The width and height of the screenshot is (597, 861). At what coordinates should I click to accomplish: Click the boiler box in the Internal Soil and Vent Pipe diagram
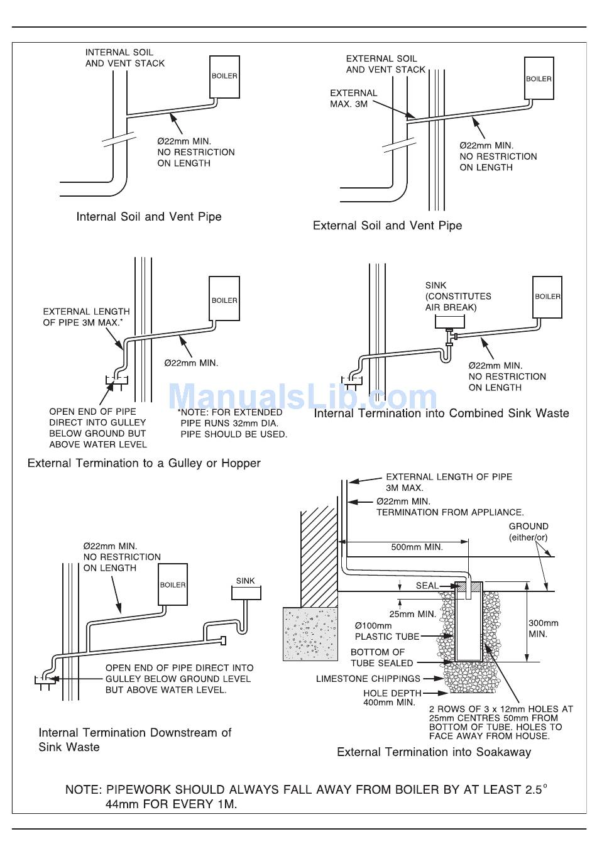[x=224, y=76]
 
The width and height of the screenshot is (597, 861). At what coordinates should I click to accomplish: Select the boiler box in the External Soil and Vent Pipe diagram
[x=539, y=79]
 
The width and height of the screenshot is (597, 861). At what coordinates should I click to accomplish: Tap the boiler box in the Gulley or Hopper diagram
[x=224, y=299]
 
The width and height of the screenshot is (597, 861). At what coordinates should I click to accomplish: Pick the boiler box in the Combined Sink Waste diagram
[x=547, y=296]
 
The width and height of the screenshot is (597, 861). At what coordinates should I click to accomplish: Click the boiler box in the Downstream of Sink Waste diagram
[x=173, y=584]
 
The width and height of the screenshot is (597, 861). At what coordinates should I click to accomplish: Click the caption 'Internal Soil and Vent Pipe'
[x=149, y=217]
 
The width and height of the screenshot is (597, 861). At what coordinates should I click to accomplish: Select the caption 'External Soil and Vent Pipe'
[x=387, y=226]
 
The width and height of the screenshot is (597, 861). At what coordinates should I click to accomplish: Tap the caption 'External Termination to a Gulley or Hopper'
[x=144, y=463]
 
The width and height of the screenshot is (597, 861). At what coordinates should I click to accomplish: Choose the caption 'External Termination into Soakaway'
[x=434, y=752]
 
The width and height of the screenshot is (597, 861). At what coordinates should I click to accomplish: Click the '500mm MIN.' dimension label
[x=417, y=547]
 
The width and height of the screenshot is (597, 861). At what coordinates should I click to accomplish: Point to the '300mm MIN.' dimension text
[x=543, y=628]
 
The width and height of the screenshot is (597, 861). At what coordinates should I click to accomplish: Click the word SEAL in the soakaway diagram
[x=427, y=586]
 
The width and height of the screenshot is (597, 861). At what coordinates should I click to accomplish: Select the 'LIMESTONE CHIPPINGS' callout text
[x=368, y=679]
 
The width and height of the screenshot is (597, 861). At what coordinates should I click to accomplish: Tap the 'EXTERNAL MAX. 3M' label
[x=353, y=98]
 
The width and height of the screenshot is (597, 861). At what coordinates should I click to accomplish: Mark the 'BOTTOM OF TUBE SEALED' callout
[x=382, y=657]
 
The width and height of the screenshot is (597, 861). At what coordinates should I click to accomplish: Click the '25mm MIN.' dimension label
[x=412, y=614]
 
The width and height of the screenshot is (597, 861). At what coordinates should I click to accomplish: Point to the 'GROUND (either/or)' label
[x=529, y=532]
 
